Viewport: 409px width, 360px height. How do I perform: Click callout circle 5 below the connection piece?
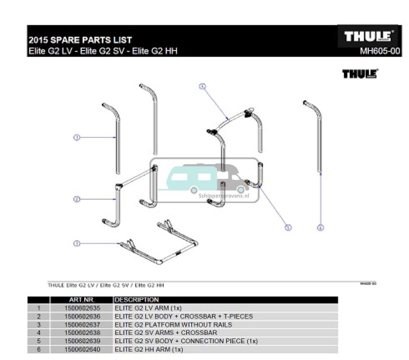[288, 227]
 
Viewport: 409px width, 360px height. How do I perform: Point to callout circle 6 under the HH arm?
[320, 228]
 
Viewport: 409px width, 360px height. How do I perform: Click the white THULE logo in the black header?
[368, 36]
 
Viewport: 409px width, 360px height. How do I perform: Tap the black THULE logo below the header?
[360, 74]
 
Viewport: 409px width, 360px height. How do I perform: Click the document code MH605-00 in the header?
[380, 52]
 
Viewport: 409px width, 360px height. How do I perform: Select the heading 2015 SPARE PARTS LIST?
[80, 40]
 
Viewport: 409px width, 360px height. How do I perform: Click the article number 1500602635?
[82, 308]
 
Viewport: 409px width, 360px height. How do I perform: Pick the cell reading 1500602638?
[82, 333]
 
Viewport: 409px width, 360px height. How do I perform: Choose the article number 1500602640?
[82, 350]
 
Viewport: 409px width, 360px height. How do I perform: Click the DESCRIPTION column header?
[137, 300]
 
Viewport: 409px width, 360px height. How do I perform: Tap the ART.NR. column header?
[81, 300]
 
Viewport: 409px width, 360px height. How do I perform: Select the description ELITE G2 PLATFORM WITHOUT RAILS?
[173, 325]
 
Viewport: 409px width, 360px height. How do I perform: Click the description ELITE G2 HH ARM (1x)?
[149, 350]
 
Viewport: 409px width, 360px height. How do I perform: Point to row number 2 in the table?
[38, 316]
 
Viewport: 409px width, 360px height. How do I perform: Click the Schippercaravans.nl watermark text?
[224, 196]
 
